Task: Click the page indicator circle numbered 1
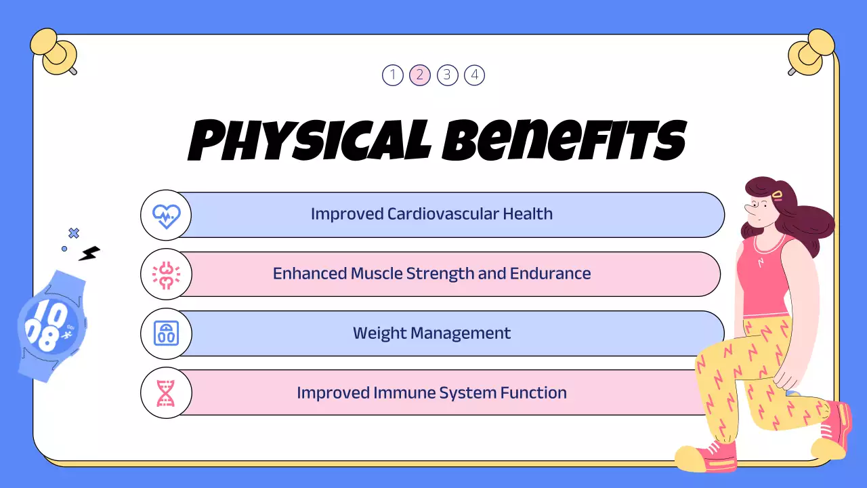(x=393, y=75)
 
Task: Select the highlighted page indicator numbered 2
(x=420, y=75)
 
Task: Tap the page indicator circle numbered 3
(x=447, y=75)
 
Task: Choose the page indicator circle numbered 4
(x=474, y=75)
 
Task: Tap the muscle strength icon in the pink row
(x=166, y=274)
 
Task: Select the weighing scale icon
(x=166, y=333)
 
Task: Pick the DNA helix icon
(x=166, y=393)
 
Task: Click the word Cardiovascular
(x=443, y=214)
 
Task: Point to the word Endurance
(x=552, y=274)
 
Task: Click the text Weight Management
(x=431, y=333)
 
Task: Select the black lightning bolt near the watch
(x=89, y=253)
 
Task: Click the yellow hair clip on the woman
(x=777, y=195)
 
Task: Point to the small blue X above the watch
(x=74, y=233)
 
